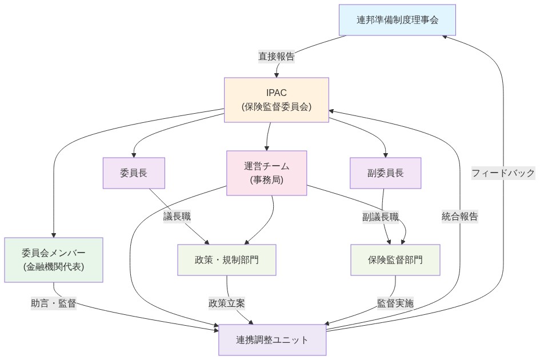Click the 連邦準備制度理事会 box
pos(397,20)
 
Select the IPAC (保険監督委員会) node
pos(277,100)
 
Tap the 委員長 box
pos(134,173)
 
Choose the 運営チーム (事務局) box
pos(267,173)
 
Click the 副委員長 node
pos(386,173)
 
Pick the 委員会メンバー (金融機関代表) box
pos(54,259)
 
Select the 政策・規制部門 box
pos(226,259)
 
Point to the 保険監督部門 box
pos(395,259)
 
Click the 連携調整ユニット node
pos(273,339)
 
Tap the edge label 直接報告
pos(277,56)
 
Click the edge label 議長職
pos(177,216)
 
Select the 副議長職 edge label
pos(381,216)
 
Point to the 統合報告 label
pos(460,216)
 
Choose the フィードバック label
pos(503,173)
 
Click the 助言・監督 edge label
pos(54,303)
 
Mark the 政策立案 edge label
pos(227,303)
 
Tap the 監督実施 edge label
pos(395,303)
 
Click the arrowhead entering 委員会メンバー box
pos(54,234)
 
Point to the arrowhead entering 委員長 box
pos(134,154)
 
